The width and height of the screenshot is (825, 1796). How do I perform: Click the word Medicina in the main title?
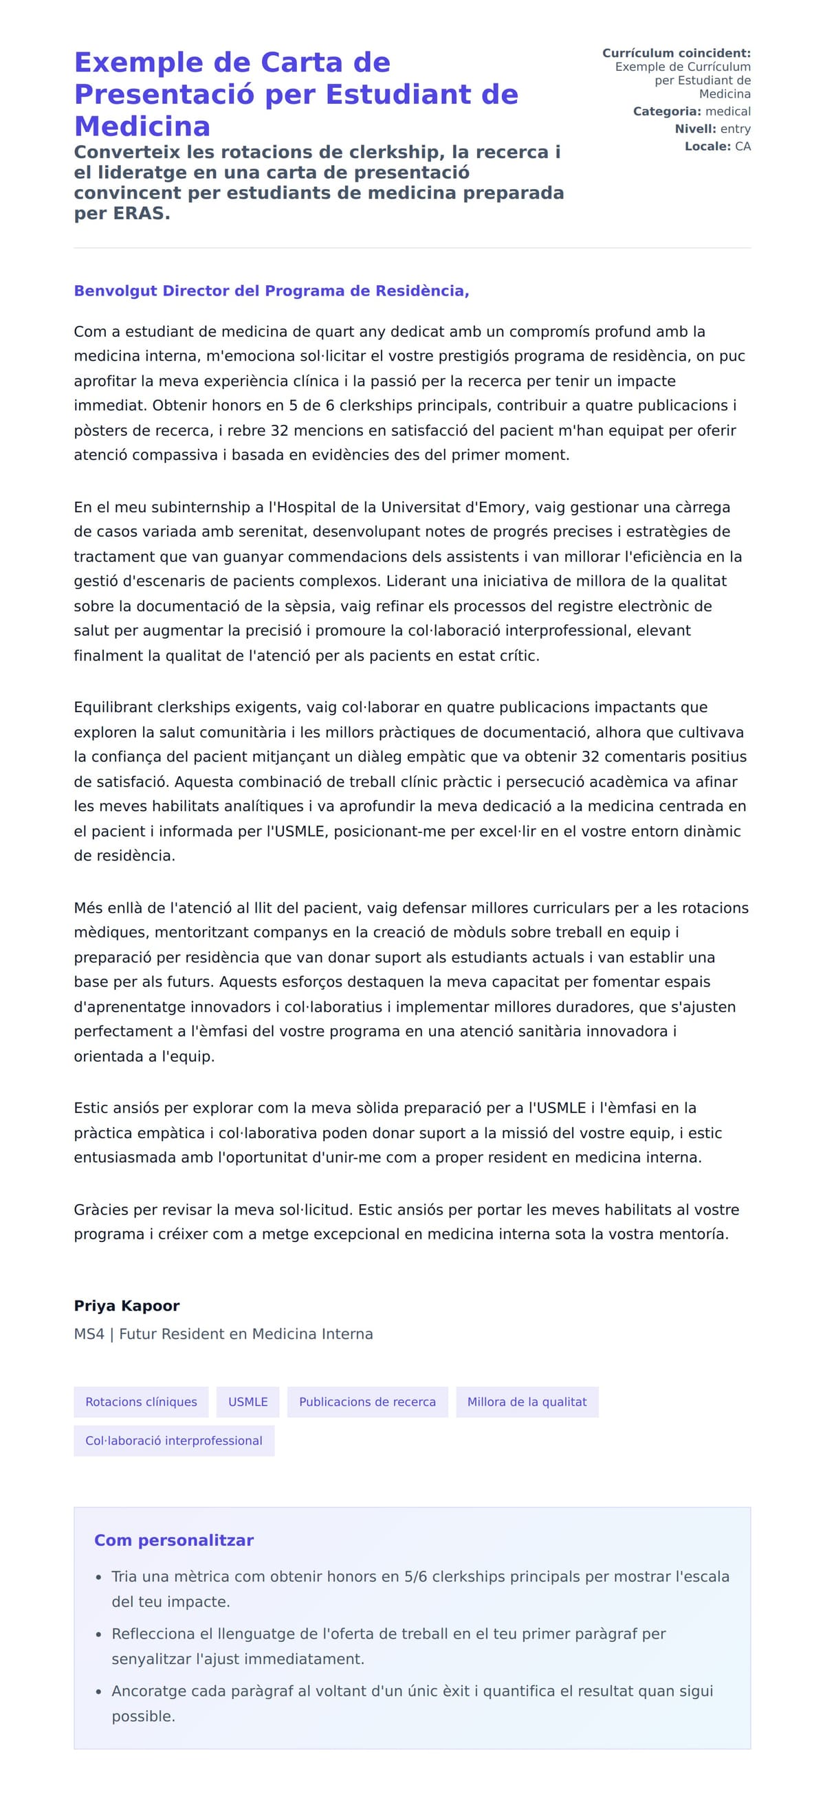click(142, 126)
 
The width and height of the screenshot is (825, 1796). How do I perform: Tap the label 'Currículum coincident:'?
click(676, 53)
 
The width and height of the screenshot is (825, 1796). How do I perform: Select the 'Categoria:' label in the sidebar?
click(666, 111)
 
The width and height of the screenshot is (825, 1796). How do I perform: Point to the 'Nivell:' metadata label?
click(694, 129)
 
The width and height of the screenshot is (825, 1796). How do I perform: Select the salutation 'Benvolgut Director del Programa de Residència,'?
click(272, 291)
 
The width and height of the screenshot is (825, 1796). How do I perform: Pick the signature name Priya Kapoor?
click(126, 1306)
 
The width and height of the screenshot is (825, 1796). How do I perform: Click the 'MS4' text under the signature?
click(89, 1333)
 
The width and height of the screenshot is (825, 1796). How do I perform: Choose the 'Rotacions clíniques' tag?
click(141, 1401)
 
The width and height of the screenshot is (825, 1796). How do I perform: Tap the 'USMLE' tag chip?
click(247, 1401)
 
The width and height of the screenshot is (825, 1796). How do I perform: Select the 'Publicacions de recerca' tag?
click(367, 1401)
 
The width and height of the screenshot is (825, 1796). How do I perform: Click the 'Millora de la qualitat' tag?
click(527, 1401)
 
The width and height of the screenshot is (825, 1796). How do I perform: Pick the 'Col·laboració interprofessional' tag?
click(174, 1441)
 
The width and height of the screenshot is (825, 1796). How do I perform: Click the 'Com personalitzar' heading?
click(174, 1540)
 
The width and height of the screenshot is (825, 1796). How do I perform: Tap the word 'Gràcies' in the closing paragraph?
click(99, 1210)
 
